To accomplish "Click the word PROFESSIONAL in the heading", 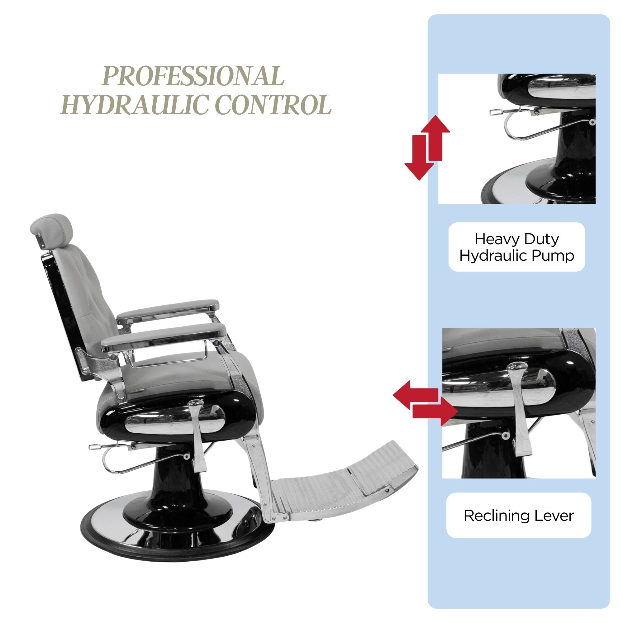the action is (x=193, y=76).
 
